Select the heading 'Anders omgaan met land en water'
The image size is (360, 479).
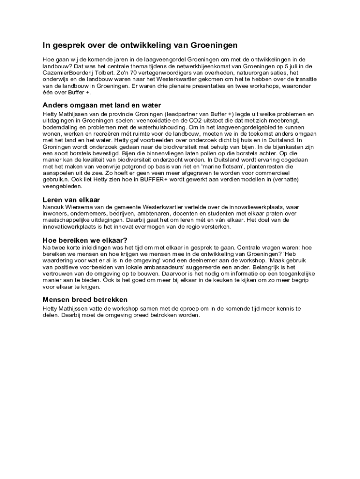[102, 105]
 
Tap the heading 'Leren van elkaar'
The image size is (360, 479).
[71, 200]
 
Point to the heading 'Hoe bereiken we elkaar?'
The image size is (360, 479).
[85, 240]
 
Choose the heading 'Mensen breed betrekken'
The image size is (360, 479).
[85, 299]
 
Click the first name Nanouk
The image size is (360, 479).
[54, 207]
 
